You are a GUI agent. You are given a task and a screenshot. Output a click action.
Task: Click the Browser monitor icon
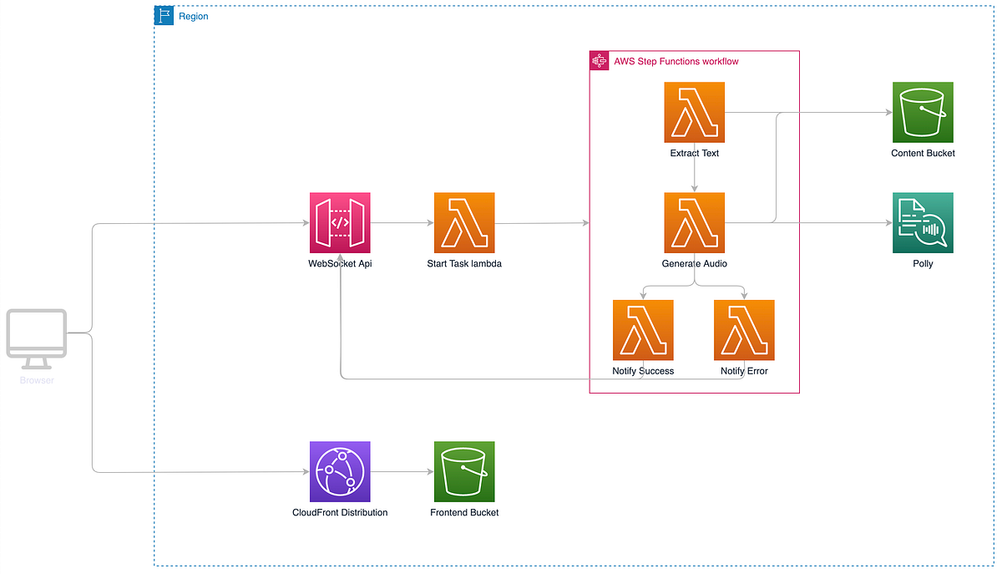(x=37, y=338)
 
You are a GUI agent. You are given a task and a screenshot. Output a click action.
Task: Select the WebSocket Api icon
(x=340, y=222)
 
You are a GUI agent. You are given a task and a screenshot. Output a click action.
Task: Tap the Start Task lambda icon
(x=464, y=222)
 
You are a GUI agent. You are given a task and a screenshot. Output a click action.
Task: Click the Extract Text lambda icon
(x=694, y=112)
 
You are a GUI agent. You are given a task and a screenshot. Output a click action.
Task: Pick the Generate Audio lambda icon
(x=694, y=222)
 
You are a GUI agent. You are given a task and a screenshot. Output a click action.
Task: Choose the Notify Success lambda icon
(x=643, y=330)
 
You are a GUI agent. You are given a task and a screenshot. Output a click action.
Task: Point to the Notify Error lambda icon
(x=744, y=330)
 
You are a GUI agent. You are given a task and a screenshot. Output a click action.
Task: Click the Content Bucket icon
(x=923, y=112)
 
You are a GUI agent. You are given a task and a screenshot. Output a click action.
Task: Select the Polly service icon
(x=923, y=222)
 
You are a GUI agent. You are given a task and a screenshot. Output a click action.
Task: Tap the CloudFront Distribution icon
(x=340, y=472)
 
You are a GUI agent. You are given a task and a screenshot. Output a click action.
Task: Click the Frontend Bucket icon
(x=464, y=472)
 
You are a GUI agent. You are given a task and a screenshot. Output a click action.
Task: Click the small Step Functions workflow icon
(x=599, y=61)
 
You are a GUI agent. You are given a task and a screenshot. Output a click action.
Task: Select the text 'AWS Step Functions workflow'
(x=676, y=62)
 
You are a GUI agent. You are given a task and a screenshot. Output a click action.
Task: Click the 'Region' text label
(x=194, y=16)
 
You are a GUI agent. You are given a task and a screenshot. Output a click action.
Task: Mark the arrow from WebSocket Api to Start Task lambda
(x=402, y=223)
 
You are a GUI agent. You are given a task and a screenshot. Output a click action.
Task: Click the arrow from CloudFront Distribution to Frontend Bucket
(x=402, y=472)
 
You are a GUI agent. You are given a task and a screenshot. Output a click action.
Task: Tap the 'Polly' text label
(x=923, y=264)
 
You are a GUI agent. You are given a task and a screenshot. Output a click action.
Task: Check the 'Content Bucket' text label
(x=923, y=154)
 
